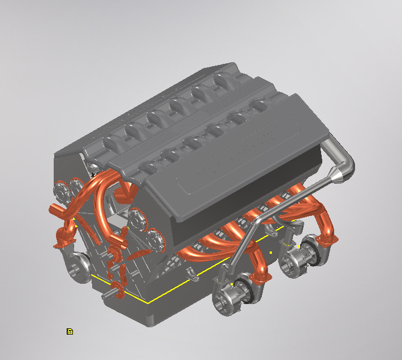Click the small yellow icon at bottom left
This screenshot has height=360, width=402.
click(x=70, y=331)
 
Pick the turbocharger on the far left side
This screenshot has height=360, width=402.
click(x=77, y=266)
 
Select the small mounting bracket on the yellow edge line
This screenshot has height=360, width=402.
click(x=194, y=275)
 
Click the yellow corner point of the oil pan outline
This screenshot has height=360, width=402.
click(x=148, y=302)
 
